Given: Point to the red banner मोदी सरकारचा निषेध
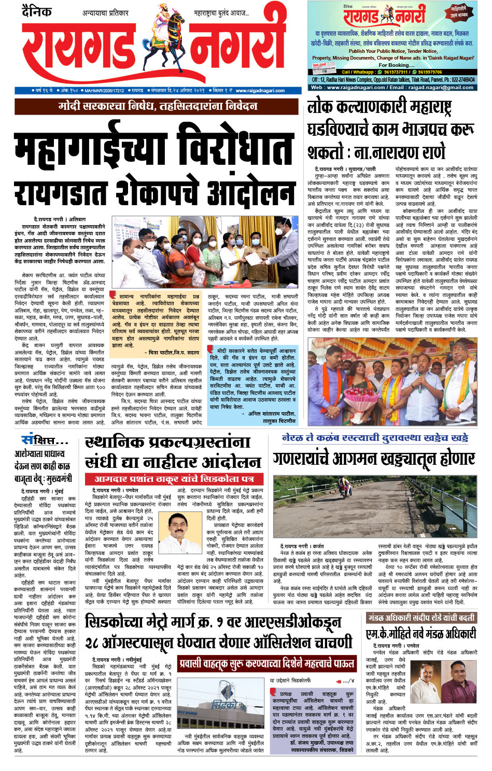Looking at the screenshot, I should (x=158, y=107).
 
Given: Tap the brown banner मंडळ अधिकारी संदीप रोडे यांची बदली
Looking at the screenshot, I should (x=420, y=618).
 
